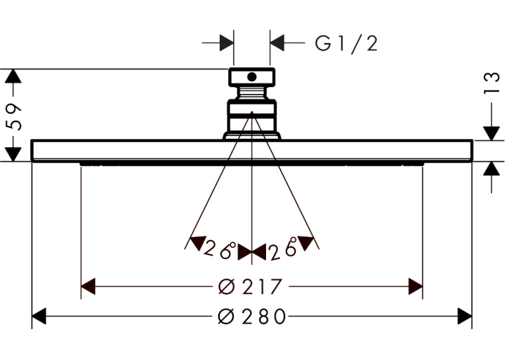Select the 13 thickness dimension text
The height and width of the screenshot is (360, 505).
(x=492, y=83)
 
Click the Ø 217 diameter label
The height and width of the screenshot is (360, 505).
(x=250, y=286)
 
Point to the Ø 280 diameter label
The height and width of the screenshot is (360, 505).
(x=252, y=316)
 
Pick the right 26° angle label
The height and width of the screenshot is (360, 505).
(x=283, y=248)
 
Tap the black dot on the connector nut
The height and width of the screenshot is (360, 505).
(x=252, y=77)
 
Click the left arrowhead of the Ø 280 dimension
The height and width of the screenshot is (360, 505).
(x=39, y=316)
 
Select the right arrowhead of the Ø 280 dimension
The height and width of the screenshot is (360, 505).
(x=465, y=316)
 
